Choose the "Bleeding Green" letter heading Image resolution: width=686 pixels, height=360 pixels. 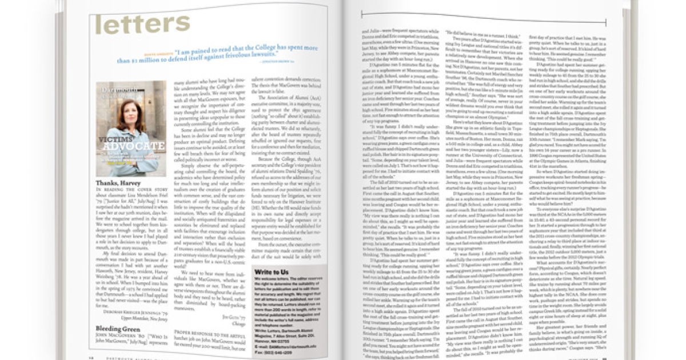tap(118, 330)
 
